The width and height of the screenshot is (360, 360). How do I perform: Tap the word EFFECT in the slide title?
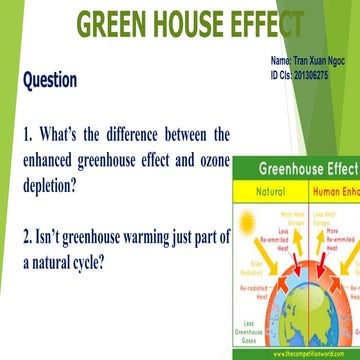(x=267, y=24)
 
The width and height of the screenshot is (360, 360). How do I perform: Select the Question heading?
(x=50, y=79)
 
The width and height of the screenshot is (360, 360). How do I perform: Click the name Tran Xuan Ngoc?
(x=323, y=61)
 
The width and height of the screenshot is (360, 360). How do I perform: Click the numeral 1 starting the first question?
(x=27, y=134)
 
